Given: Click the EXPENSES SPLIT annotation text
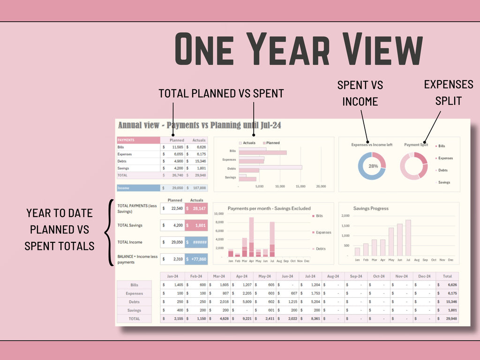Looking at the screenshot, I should point(448,92).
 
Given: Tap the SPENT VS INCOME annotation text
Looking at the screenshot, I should point(360,93).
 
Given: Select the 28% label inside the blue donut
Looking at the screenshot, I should point(373,166).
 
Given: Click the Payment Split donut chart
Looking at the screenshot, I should point(414,166).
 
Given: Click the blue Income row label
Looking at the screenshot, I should point(138,188).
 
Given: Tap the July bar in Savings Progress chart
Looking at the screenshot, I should point(408,238).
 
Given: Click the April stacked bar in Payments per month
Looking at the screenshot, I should point(251,237).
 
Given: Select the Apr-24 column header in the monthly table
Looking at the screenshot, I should point(241,276).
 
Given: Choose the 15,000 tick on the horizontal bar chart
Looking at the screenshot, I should point(300,186).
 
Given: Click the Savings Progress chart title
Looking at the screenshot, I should point(371,208).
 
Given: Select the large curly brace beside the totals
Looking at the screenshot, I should point(109,232).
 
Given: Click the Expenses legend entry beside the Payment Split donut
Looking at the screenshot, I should point(445,158).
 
